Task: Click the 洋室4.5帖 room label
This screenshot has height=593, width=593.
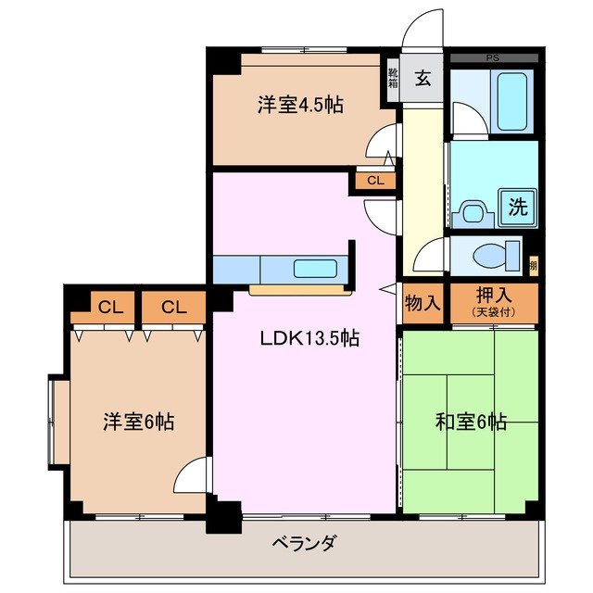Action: [300, 106]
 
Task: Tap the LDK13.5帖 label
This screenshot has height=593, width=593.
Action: [309, 339]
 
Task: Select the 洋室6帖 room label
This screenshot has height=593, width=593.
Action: [138, 423]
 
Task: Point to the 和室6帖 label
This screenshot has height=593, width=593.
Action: [471, 423]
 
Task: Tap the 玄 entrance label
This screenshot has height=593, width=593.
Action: [423, 79]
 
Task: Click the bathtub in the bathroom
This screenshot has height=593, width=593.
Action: [511, 96]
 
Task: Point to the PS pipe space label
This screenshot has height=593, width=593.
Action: [492, 57]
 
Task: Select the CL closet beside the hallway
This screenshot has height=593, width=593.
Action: [374, 181]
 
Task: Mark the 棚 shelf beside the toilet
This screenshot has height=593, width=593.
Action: [532, 267]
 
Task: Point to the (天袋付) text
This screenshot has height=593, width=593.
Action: [492, 313]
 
